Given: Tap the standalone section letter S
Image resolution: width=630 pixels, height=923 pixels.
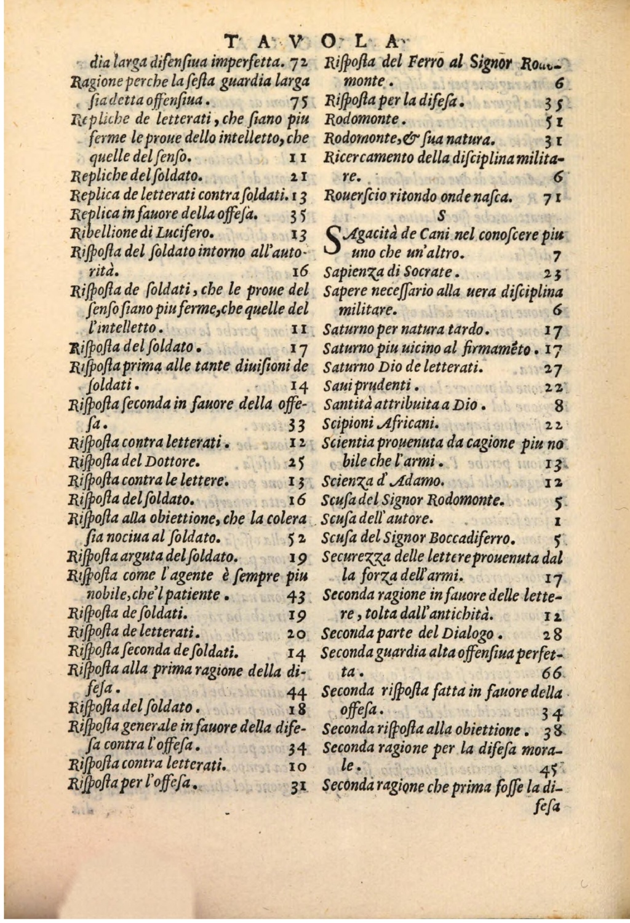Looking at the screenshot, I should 441,216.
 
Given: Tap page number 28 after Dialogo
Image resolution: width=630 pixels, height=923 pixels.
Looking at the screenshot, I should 552,634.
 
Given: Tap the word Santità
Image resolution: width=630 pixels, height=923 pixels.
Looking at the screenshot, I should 346,405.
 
